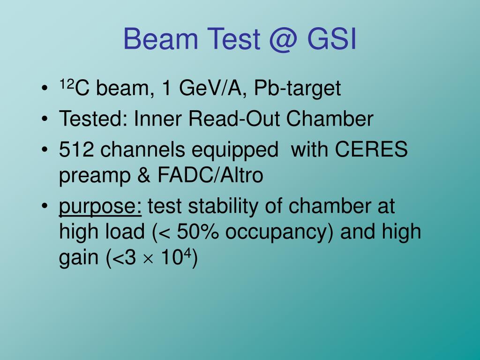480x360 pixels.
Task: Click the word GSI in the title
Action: [x=332, y=39]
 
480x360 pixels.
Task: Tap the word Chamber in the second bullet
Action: [x=330, y=120]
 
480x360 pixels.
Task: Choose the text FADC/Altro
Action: [x=210, y=176]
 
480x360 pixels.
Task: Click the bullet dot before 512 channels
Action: [x=45, y=151]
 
